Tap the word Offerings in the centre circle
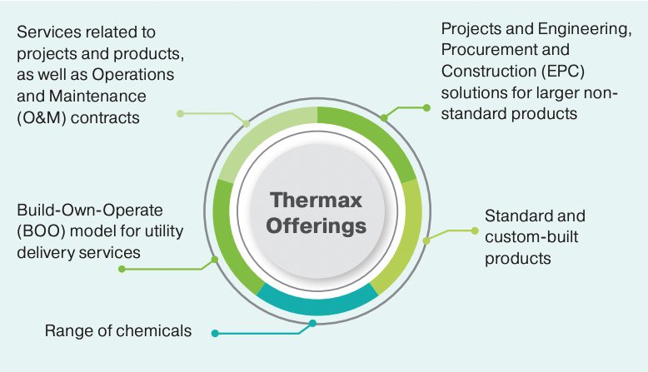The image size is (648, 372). (317, 226)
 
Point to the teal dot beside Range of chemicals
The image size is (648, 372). (215, 333)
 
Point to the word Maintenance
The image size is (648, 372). (92, 97)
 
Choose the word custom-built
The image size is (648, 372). (531, 237)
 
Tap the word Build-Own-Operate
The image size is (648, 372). (89, 210)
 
